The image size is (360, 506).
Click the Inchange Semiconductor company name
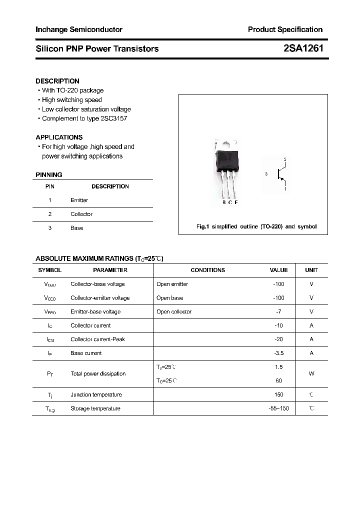pos(79,29)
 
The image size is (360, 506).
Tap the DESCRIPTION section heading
pos(57,81)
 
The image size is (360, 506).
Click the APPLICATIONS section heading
pos(59,137)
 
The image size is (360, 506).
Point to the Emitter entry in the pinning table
pos(79,200)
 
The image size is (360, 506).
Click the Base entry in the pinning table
pos(77,228)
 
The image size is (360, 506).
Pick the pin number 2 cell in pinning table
pos(50,214)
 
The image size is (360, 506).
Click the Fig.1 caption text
pos(256,226)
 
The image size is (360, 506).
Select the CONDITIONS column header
pos(208,270)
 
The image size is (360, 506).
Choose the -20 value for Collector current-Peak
pos(279,339)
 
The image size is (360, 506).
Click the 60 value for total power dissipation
pos(279,380)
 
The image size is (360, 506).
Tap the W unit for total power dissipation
pos(311,374)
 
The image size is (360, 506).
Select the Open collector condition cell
pos(174,311)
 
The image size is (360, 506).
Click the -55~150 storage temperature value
pos(278,408)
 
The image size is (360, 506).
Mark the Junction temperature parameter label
pos(96,394)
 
